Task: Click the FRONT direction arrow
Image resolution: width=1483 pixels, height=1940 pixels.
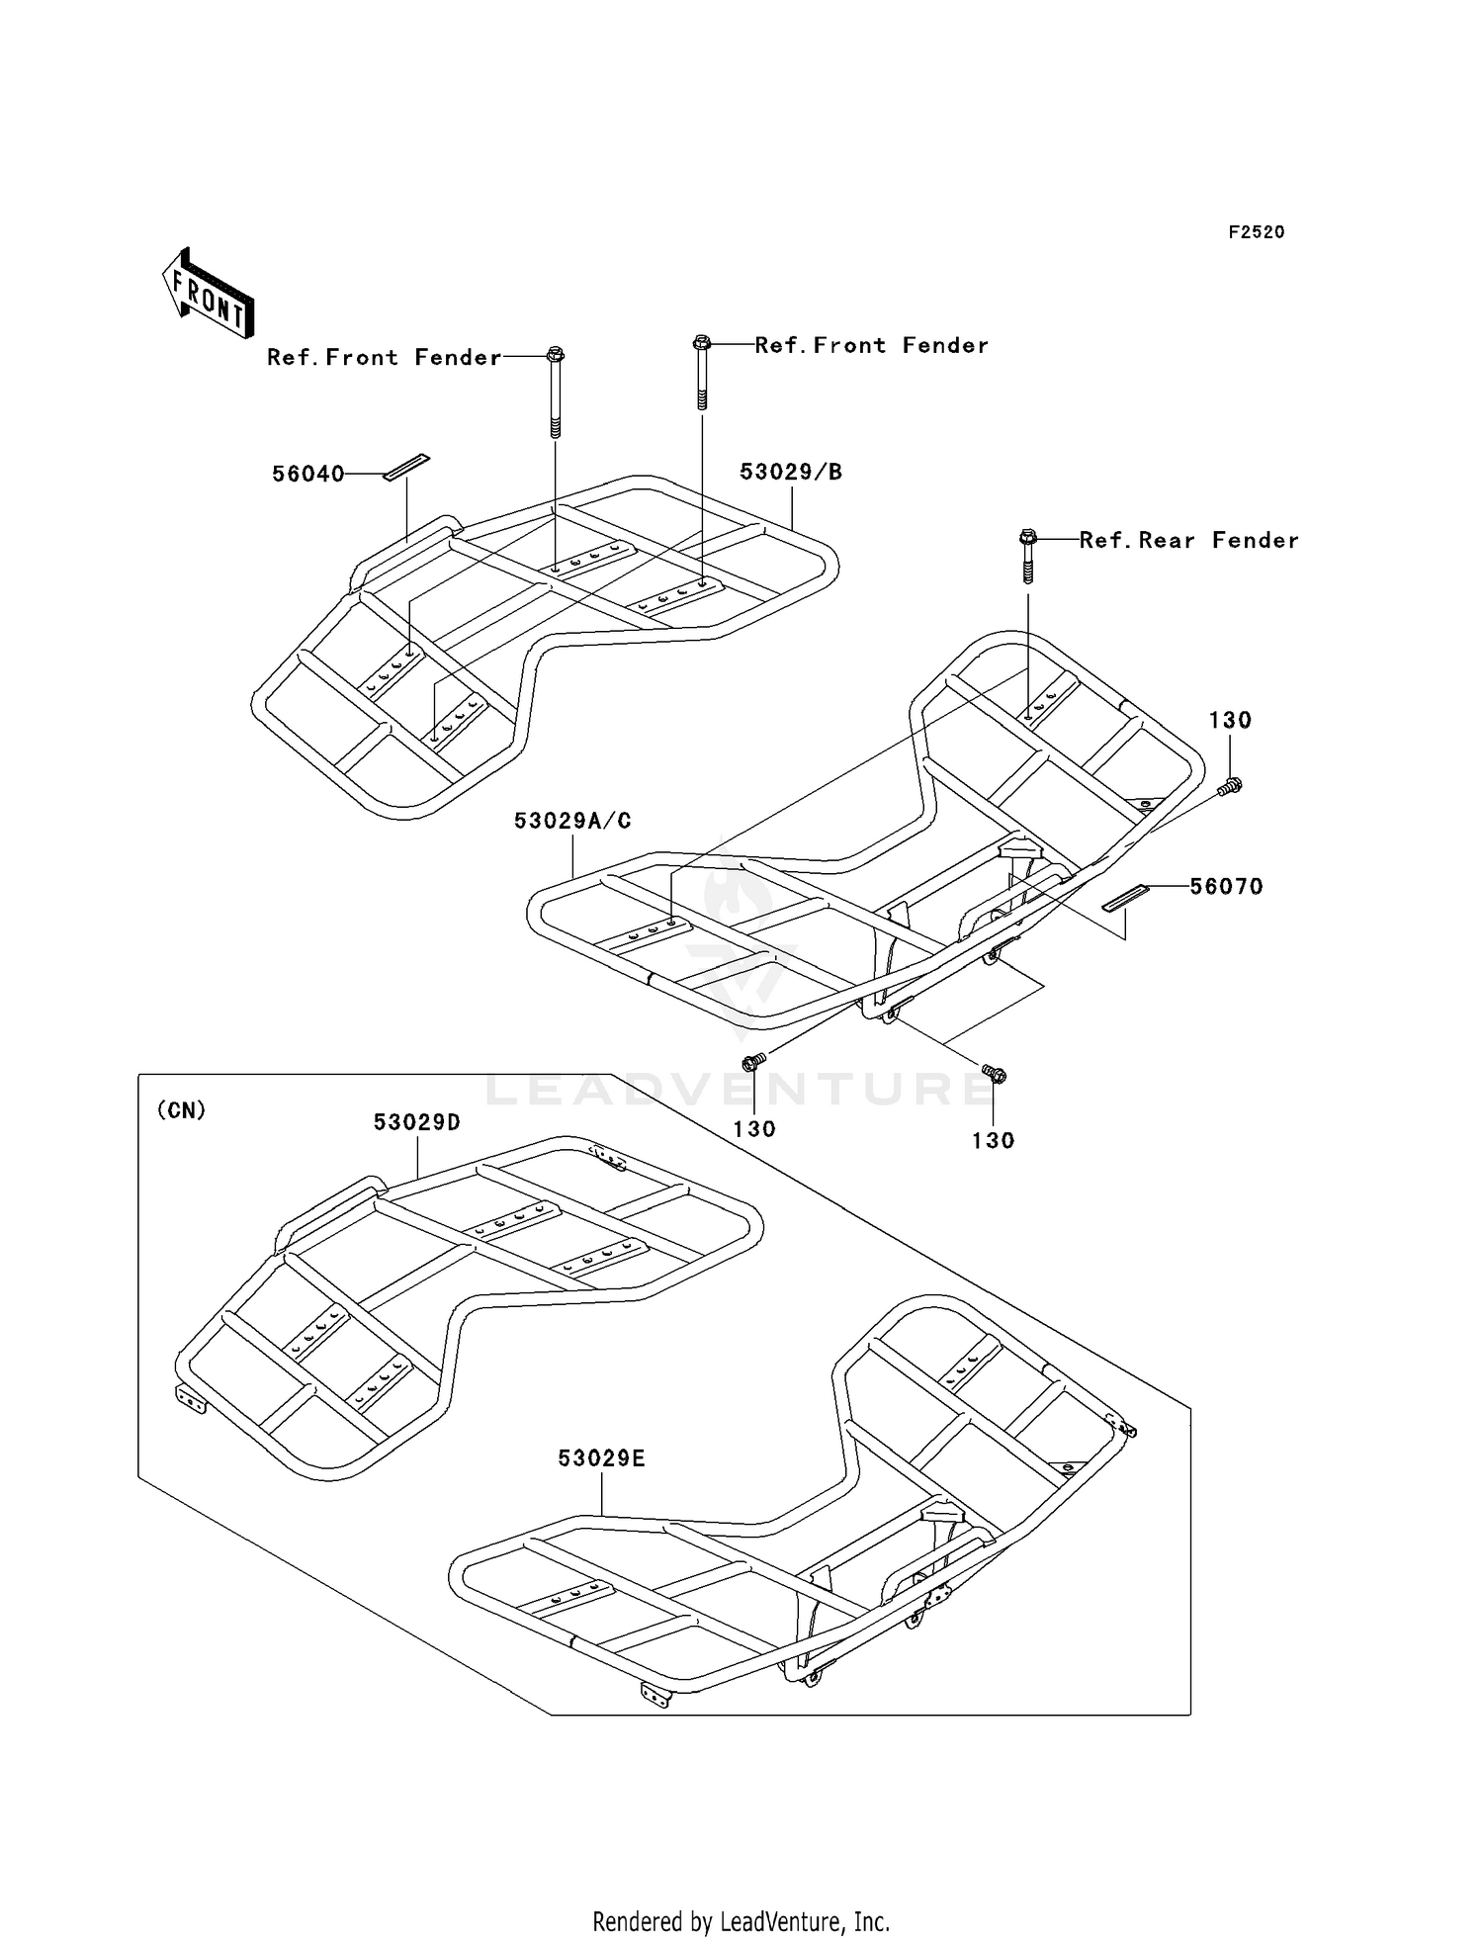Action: click(209, 293)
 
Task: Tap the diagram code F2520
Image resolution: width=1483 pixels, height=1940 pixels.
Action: click(1256, 232)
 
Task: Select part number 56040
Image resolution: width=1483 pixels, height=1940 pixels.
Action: click(308, 475)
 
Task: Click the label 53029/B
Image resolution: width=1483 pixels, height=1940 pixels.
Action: click(791, 473)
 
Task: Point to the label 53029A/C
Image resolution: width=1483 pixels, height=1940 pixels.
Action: click(572, 821)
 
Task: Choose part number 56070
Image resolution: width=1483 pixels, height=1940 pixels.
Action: click(1226, 887)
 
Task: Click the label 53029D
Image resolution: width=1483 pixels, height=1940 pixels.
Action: click(417, 1122)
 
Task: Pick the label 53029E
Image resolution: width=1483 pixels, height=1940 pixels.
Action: click(601, 1458)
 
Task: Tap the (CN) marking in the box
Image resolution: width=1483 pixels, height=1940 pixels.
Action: click(182, 1110)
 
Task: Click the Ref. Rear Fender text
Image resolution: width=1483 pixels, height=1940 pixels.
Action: click(1188, 540)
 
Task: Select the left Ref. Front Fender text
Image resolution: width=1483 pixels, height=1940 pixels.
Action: click(384, 357)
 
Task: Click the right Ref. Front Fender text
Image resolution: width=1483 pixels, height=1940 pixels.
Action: click(871, 345)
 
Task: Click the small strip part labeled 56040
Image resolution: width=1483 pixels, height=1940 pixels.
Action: click(406, 467)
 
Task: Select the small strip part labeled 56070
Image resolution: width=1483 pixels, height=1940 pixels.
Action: click(1126, 898)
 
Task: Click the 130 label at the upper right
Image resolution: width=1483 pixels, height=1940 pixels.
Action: click(1230, 721)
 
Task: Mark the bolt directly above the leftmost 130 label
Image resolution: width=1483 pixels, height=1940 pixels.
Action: click(753, 1064)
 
